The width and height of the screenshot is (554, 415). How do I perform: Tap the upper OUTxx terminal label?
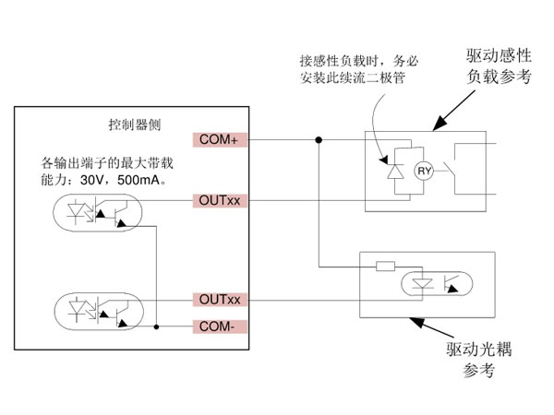coord(221,199)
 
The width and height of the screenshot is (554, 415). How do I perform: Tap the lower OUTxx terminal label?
coord(221,301)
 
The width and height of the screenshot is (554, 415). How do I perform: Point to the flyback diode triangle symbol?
coord(394,171)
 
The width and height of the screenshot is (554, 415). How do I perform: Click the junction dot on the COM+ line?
coord(319,140)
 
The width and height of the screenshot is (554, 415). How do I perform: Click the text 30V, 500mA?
coord(119,179)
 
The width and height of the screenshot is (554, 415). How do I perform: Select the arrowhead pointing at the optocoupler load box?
coord(416,323)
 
